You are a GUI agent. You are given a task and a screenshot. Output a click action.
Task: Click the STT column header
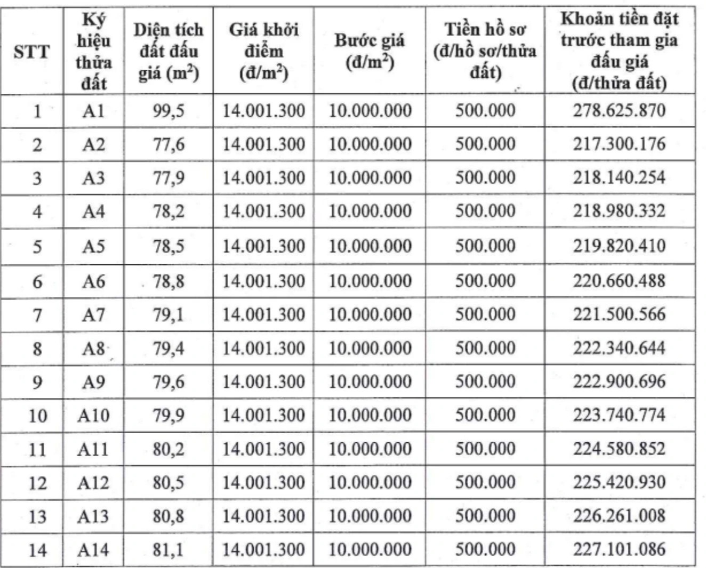tap(31, 52)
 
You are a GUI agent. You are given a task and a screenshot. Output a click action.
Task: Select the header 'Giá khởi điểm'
tap(263, 52)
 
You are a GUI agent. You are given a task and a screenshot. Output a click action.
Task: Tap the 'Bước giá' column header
tap(370, 52)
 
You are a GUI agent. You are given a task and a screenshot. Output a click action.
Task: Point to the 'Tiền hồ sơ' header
tap(485, 52)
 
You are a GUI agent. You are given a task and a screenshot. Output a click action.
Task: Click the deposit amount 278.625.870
tap(619, 111)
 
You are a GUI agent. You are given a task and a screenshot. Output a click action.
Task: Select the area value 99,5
tap(169, 111)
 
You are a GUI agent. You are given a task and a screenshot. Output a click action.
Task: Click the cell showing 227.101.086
tap(619, 549)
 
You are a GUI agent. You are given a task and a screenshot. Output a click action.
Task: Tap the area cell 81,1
tap(168, 549)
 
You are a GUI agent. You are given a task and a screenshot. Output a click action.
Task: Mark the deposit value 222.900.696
tap(619, 382)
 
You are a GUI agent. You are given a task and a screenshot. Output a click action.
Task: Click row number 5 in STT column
tap(37, 247)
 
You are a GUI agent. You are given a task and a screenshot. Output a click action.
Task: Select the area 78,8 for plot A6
tap(169, 281)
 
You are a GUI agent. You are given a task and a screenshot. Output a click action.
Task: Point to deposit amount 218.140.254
tap(619, 177)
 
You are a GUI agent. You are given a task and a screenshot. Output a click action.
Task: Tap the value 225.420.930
tap(619, 482)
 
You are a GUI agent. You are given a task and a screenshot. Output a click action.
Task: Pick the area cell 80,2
tap(169, 449)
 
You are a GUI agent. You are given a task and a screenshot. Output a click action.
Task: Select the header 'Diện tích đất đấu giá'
tap(169, 52)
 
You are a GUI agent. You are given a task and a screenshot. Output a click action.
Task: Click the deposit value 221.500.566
tap(619, 314)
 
